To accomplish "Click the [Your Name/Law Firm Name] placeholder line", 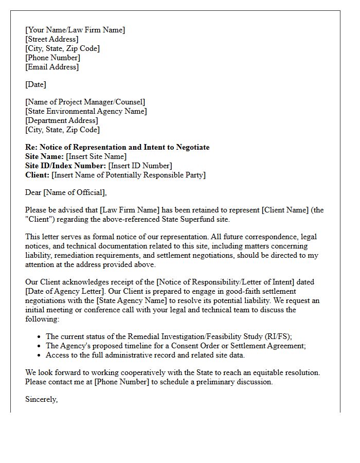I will pos(75,30).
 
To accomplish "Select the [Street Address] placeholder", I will pos(52,39).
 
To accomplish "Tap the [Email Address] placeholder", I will pos(52,67).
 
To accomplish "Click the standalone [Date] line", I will pos(35,84).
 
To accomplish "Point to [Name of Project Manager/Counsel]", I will pos(85,102).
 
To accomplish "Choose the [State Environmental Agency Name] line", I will pos(86,111).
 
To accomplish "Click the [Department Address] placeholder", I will pos(62,120).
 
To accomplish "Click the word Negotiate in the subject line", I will pos(192,147).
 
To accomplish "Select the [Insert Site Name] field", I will pos(96,156).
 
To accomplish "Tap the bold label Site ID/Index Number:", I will pos(66,166).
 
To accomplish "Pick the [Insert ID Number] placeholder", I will pos(140,166).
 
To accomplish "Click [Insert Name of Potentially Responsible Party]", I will pos(129,175).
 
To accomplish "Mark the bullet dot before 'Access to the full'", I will pos(40,355).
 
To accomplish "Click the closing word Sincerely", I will pos(41,399).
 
